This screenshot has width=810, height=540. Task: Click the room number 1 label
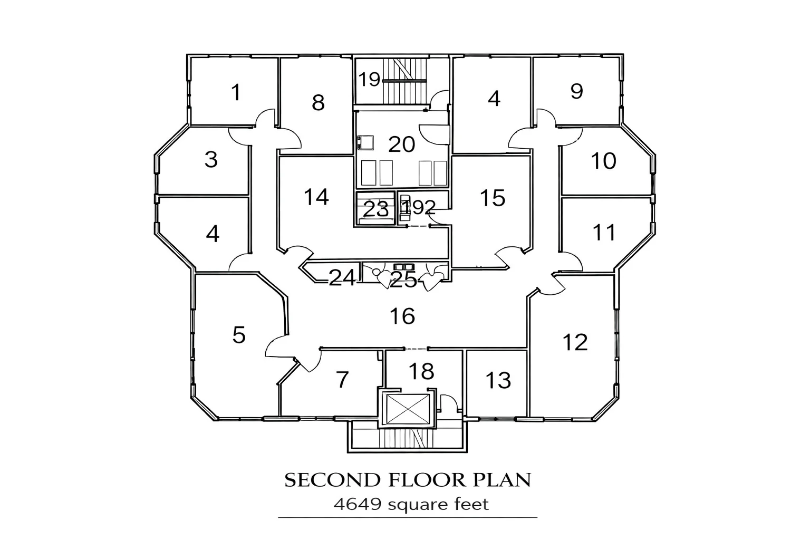236,93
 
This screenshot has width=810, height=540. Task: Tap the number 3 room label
211,159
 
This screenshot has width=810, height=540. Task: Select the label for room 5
239,334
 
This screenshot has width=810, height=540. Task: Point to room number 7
342,379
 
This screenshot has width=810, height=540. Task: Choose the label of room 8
317,102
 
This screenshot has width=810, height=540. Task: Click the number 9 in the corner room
576,91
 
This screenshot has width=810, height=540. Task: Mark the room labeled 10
603,161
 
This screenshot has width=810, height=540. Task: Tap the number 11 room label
604,232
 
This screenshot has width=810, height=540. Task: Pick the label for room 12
575,342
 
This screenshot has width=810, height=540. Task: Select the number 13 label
498,380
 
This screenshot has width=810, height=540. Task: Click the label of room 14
316,197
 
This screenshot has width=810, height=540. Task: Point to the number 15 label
493,198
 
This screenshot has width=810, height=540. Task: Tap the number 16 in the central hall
402,316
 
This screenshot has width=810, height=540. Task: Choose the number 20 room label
402,144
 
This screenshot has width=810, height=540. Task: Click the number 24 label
342,277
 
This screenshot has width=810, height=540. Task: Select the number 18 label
421,371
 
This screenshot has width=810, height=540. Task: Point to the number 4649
358,505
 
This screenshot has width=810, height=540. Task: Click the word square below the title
417,505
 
